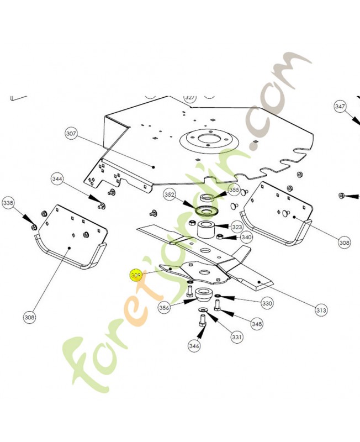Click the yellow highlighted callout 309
pos(135,274)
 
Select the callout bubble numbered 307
pos(72,134)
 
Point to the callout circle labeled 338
pos(9,203)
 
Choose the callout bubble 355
pos(234,190)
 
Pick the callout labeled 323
pos(237,227)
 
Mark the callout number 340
pos(246,238)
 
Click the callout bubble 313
pos(321,311)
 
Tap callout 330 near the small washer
pos(267,303)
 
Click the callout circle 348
pos(256,324)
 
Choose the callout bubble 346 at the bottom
pos(194,346)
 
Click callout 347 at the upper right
pos(340,106)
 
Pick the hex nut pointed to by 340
pos(219,237)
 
